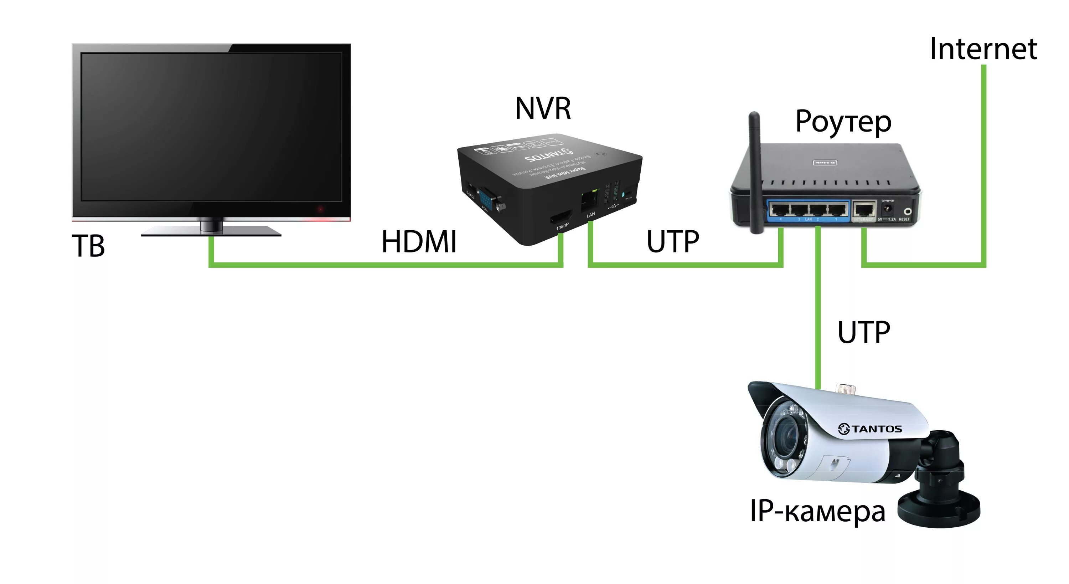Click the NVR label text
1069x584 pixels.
pyautogui.click(x=543, y=108)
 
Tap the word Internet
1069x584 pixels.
pyautogui.click(x=983, y=49)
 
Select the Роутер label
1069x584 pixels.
pyautogui.click(x=843, y=121)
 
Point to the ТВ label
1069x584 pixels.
pyautogui.click(x=88, y=246)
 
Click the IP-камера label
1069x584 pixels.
pyautogui.click(x=817, y=511)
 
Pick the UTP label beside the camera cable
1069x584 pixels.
pyautogui.click(x=864, y=332)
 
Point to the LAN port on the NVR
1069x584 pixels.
pyautogui.click(x=589, y=201)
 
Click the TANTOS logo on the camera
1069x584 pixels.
pyautogui.click(x=870, y=429)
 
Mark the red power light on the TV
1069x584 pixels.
pyautogui.click(x=320, y=209)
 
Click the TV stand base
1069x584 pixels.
pyautogui.click(x=211, y=232)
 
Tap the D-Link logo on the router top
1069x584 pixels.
pyautogui.click(x=825, y=163)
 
